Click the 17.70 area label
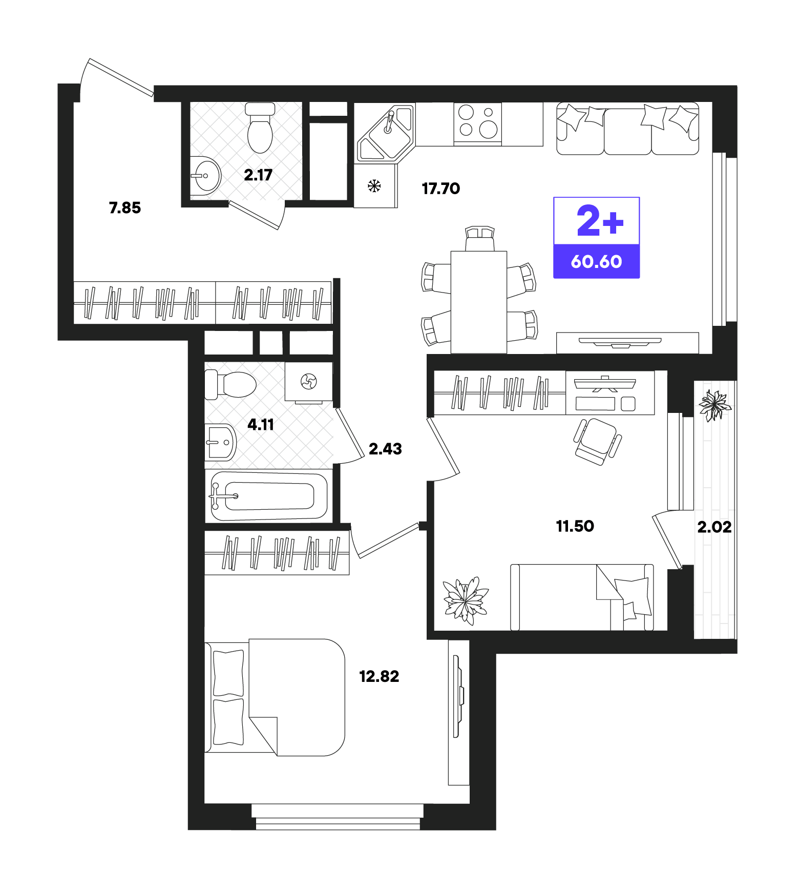tap(440, 189)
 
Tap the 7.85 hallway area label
tap(124, 207)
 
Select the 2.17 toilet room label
tap(258, 175)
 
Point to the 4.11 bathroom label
tap(261, 424)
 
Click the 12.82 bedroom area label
tap(379, 676)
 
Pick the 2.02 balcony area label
tap(714, 527)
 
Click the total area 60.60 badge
tap(597, 261)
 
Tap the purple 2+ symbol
tap(600, 221)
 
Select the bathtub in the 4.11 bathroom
tap(269, 496)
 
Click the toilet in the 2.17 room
tap(260, 128)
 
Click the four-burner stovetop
tap(477, 123)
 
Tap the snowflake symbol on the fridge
tap(374, 186)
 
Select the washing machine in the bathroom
tap(309, 382)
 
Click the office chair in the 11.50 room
tap(597, 441)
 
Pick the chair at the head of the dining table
tap(480, 238)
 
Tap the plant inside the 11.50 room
tap(465, 600)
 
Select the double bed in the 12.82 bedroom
tap(275, 697)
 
